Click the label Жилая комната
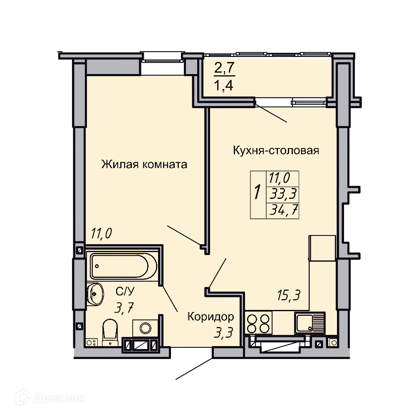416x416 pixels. coord(144,164)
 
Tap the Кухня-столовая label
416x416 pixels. coord(276,151)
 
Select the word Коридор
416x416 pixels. coord(210,317)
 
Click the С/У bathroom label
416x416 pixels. coord(125,292)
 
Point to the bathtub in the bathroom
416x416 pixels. coord(124,266)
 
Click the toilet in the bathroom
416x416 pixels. coord(110,333)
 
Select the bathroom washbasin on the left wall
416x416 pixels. coord(95,294)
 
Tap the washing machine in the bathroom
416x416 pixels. coord(145,328)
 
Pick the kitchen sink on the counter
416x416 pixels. coord(310,323)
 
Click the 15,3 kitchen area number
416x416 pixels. coord(289,295)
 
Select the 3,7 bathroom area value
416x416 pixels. coord(124,308)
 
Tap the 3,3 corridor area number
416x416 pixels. coord(223,332)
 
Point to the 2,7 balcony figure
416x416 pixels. coord(225,68)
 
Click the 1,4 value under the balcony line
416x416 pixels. coord(224,85)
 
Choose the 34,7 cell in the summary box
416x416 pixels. coord(283,210)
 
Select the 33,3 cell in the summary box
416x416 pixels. coord(283,194)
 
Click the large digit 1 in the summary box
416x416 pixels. coord(257,192)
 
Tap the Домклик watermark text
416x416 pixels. coord(59,398)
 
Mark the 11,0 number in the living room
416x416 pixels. coord(102,233)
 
